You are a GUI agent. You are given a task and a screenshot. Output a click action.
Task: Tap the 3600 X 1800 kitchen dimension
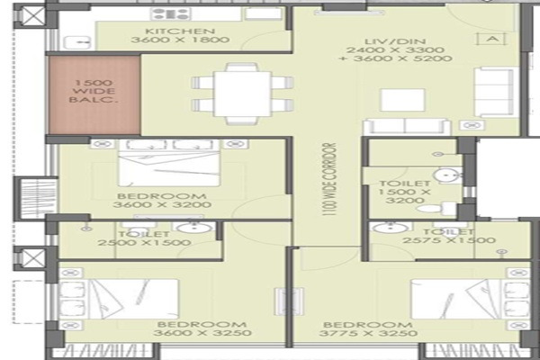click(180, 40)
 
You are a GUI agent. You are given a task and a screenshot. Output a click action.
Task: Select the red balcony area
click(94, 94)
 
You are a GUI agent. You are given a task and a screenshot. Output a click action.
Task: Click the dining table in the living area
click(242, 94)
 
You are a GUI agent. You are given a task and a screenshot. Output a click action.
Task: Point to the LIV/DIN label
click(395, 41)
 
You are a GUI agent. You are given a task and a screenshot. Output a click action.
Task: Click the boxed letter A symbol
click(493, 39)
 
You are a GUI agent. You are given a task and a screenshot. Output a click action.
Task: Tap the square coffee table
click(402, 100)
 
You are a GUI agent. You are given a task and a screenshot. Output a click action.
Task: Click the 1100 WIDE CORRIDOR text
click(328, 179)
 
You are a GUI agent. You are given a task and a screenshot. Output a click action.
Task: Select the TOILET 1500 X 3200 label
click(405, 192)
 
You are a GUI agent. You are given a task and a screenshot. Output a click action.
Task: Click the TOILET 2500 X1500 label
click(144, 238)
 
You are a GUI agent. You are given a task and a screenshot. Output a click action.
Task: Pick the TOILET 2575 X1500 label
click(449, 236)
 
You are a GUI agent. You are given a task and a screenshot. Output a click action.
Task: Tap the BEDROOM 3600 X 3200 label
click(162, 201)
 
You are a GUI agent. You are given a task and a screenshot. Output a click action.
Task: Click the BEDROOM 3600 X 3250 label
click(202, 328)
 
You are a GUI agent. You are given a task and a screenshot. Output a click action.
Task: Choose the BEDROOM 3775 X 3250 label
click(368, 329)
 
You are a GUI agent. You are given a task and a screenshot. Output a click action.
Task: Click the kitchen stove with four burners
click(171, 14)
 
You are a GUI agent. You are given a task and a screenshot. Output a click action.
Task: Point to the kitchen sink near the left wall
click(77, 42)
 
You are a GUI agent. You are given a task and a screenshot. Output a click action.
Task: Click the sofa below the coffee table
click(407, 127)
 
